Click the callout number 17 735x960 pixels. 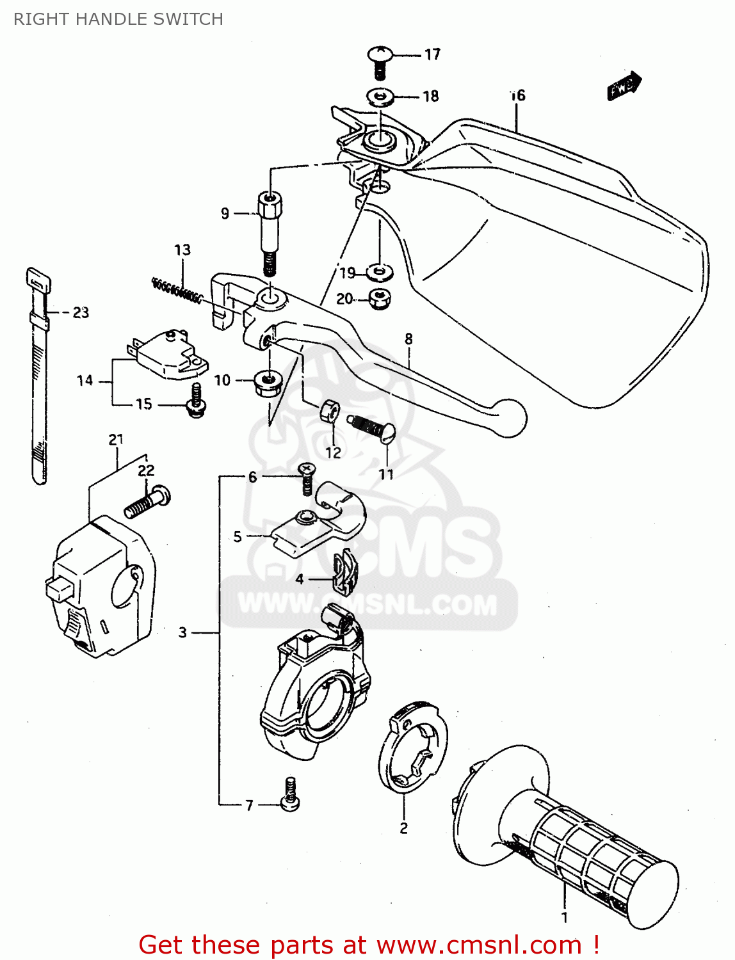click(433, 54)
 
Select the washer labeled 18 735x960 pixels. click(380, 97)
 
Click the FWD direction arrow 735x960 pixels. click(624, 86)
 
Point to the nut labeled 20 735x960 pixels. click(381, 299)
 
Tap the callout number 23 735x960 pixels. click(81, 313)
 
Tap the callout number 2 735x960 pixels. click(403, 828)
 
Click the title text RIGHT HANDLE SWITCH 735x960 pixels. click(118, 19)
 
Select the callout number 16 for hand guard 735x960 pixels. click(517, 96)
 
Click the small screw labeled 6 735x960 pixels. click(307, 479)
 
